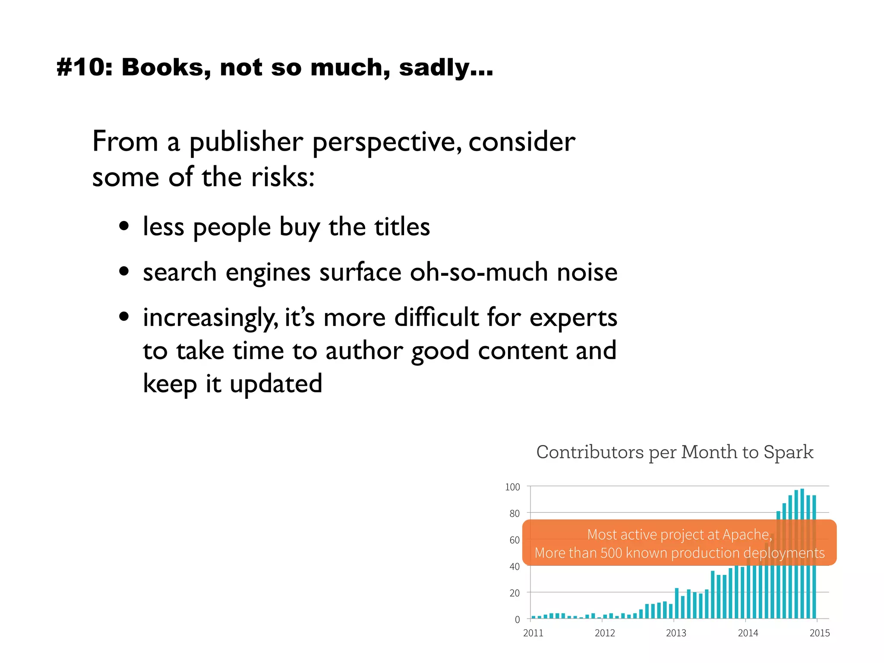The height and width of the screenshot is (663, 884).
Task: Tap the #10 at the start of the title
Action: click(84, 68)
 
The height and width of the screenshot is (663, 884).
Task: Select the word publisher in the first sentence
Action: click(246, 142)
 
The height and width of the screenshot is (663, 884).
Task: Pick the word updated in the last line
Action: click(276, 384)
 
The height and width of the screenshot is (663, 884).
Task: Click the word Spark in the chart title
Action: click(788, 452)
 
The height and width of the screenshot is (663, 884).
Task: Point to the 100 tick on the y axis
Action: click(512, 487)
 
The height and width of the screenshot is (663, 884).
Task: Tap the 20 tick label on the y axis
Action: click(515, 593)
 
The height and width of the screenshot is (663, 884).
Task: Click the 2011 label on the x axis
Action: click(533, 633)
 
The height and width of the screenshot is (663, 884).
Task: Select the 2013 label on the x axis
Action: click(676, 633)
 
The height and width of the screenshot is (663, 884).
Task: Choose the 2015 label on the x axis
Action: click(819, 633)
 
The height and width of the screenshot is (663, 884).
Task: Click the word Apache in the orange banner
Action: click(746, 535)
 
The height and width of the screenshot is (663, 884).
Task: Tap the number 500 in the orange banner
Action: click(611, 553)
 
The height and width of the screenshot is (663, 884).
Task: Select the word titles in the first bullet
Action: click(402, 227)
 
